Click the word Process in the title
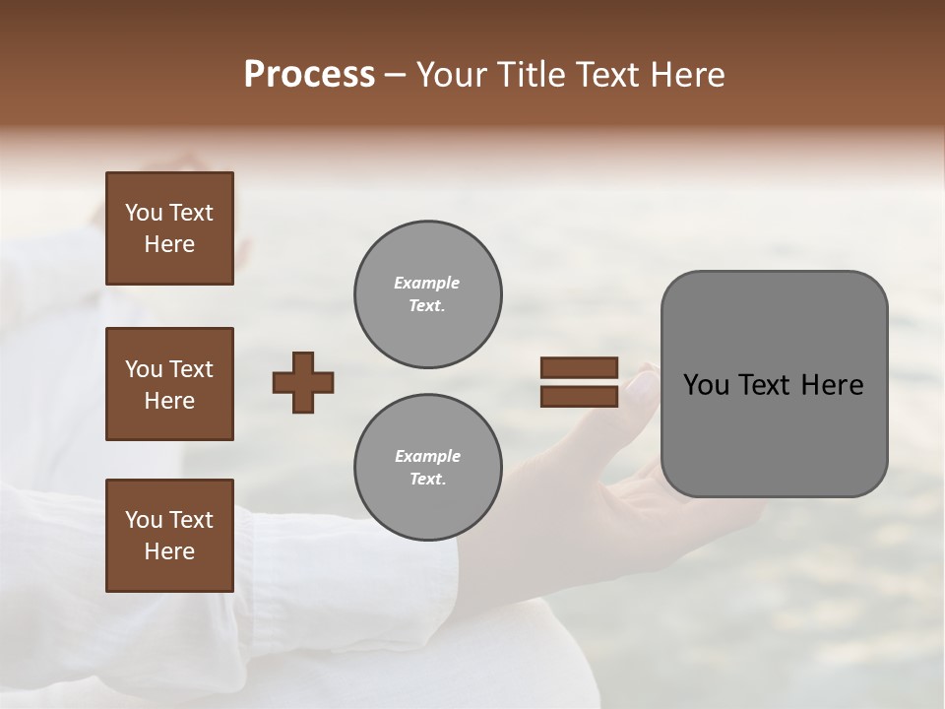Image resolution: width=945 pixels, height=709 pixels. click(x=309, y=75)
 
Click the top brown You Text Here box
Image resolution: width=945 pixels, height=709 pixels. click(x=169, y=228)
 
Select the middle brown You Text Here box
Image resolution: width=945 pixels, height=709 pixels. click(x=169, y=384)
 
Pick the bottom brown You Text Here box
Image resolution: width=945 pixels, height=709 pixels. click(x=169, y=536)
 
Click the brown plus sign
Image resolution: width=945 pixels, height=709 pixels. click(x=303, y=382)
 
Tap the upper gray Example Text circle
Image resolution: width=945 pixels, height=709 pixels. click(x=427, y=293)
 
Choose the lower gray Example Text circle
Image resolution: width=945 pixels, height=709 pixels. click(x=427, y=467)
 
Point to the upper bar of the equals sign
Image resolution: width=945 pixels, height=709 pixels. click(x=579, y=368)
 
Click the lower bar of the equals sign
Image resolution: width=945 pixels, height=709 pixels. click(x=579, y=396)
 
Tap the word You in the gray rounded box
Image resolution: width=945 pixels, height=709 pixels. click(x=706, y=385)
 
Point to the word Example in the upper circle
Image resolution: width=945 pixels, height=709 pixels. click(x=427, y=283)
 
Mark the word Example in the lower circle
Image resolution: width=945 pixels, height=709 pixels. click(x=427, y=456)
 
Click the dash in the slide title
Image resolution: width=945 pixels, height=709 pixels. click(x=395, y=76)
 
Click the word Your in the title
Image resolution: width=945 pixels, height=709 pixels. click(x=450, y=75)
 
